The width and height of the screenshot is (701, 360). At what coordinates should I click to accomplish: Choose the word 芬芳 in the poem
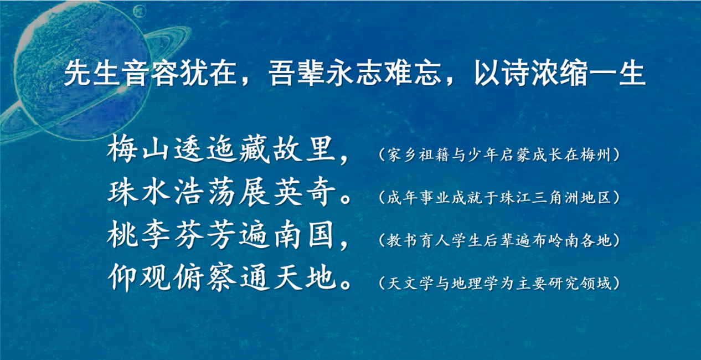205,235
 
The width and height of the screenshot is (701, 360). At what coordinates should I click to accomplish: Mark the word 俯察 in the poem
205,277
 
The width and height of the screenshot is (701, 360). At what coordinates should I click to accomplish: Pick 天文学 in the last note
410,284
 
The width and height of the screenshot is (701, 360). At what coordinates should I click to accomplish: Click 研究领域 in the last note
579,284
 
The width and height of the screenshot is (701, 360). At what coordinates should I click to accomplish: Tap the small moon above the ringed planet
140,12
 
